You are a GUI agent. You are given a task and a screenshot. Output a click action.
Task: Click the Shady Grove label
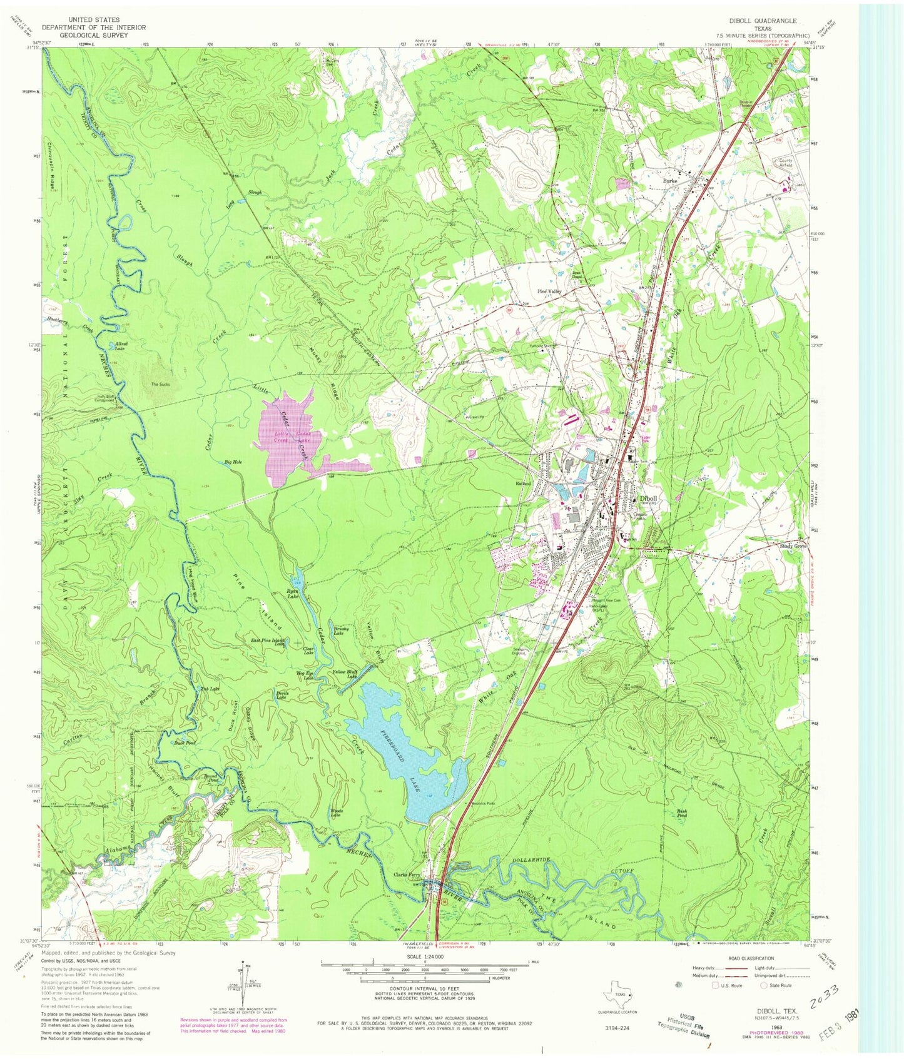pyautogui.click(x=792, y=545)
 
